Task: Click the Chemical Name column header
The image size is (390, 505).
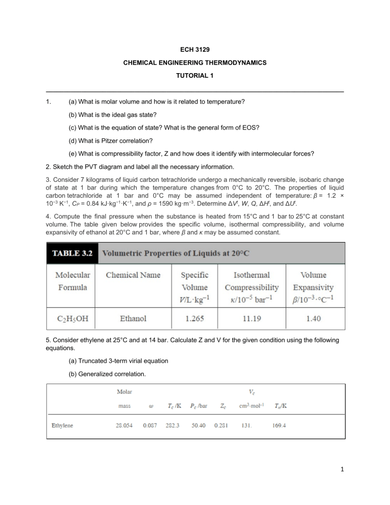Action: click(133, 275)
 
